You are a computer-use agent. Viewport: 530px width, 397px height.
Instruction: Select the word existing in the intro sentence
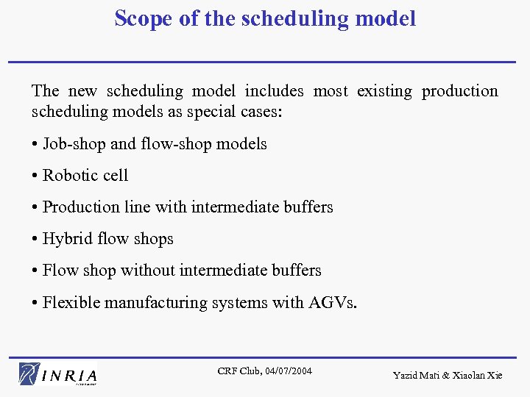tap(384, 91)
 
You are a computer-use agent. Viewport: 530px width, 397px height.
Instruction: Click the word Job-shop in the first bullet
tap(74, 144)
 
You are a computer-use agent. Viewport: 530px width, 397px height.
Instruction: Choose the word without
tap(149, 271)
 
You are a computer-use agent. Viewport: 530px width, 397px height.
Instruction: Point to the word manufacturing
tap(152, 302)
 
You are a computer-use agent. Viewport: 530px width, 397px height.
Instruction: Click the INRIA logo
tap(59, 373)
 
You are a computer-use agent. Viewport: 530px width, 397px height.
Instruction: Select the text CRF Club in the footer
tap(237, 371)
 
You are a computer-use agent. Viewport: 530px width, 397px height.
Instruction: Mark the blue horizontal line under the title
tap(265, 62)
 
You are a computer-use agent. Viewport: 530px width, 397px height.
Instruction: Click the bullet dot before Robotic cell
tap(35, 176)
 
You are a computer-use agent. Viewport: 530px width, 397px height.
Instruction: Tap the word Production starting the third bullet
tap(77, 207)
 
